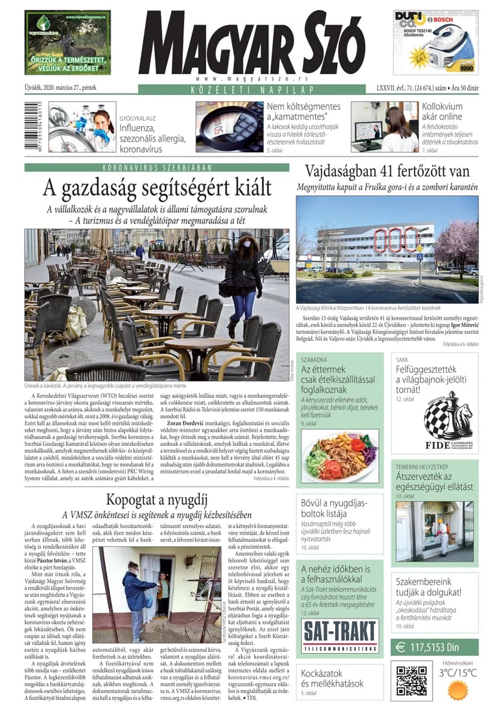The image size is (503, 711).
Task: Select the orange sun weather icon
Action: (x=458, y=690)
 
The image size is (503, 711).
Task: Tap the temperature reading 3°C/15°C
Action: (x=458, y=673)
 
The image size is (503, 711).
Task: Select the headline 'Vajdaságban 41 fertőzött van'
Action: (x=387, y=171)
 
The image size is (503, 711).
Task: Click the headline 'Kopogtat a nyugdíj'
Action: (x=157, y=500)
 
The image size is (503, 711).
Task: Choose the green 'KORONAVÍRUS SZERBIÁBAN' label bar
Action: (x=157, y=167)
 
